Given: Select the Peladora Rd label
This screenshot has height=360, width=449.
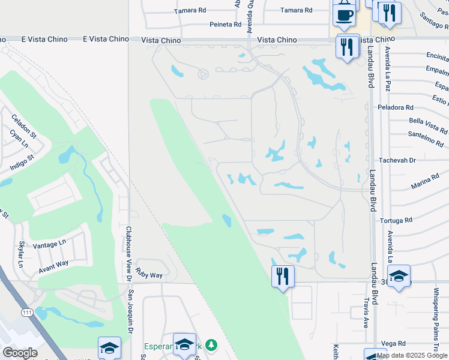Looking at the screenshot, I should (x=396, y=107).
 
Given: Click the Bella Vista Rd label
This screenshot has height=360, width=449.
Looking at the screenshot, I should (x=427, y=125).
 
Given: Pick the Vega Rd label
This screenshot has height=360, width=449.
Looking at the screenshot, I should (x=393, y=343).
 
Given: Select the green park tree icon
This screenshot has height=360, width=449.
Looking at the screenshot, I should (x=210, y=345).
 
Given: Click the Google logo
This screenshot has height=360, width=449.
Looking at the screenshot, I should (x=20, y=352).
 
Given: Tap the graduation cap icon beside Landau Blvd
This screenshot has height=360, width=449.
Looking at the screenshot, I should (x=399, y=276).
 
